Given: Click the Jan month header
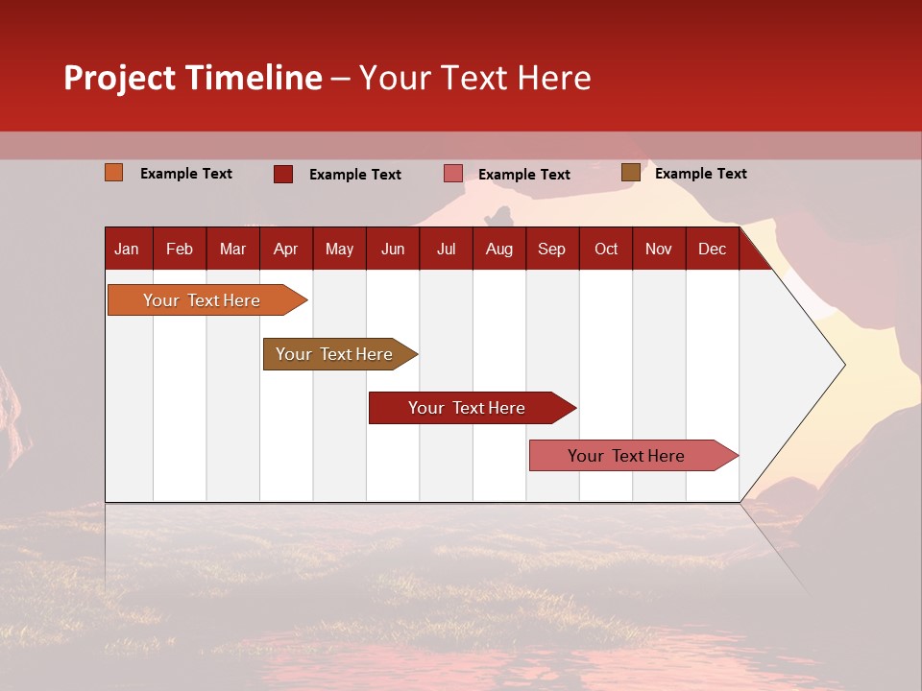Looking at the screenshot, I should (127, 249).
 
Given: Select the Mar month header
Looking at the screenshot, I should (232, 249).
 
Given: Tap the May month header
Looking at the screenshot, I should (339, 249).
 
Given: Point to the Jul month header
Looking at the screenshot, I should (446, 249).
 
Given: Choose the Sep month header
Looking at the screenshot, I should (551, 249).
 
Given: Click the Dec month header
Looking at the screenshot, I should (712, 249).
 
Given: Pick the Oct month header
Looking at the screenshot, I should (606, 249).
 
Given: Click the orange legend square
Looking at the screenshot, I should (113, 173).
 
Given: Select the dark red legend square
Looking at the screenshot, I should (282, 174).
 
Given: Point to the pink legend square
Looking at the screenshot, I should (453, 174).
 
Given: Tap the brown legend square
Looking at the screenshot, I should (630, 173).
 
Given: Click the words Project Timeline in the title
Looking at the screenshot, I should (193, 78).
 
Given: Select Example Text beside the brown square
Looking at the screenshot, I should (700, 174).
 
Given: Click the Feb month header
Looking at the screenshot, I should (180, 249).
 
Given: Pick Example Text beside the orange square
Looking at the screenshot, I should (186, 174).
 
